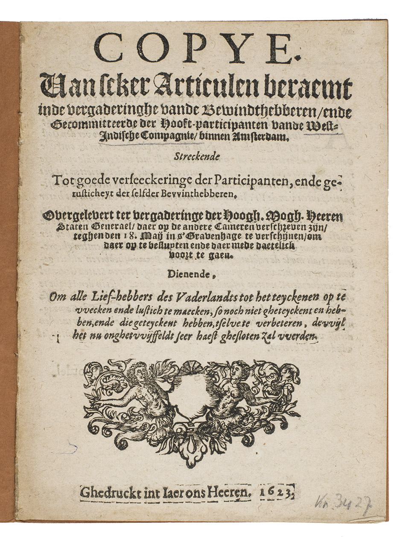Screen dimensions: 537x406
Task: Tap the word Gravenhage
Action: pyautogui.click(x=204, y=236)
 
